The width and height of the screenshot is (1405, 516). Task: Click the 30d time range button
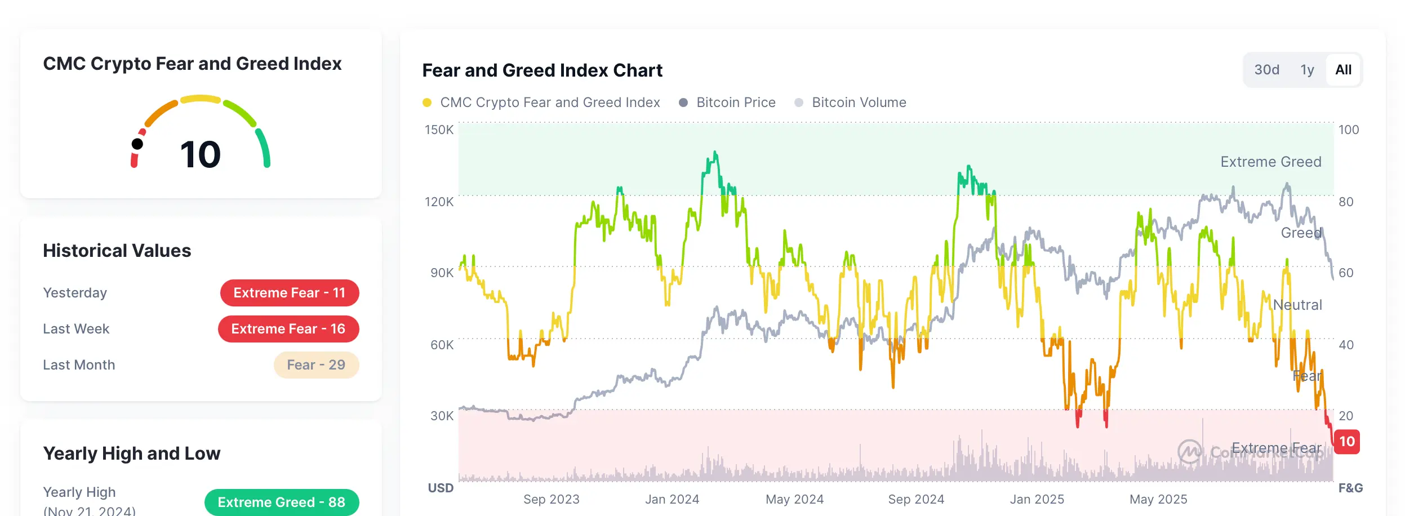click(1266, 70)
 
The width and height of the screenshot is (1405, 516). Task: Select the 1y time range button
click(1307, 70)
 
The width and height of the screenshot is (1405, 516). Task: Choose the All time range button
click(1343, 70)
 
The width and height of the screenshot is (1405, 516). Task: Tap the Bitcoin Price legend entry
click(735, 103)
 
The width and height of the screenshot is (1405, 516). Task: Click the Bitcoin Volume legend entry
click(859, 103)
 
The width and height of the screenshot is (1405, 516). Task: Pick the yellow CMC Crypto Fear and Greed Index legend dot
click(427, 103)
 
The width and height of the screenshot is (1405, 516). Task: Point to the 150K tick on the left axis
click(439, 130)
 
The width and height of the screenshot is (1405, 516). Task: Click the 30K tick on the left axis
click(442, 416)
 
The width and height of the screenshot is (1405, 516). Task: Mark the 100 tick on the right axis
click(1349, 130)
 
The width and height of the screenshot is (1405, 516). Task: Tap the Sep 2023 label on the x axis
click(551, 499)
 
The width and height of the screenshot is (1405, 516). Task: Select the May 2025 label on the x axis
click(1158, 499)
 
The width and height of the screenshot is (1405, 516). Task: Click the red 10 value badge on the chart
click(1347, 442)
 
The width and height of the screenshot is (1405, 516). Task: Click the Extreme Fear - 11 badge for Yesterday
click(290, 293)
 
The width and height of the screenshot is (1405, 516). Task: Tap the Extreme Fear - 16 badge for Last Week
click(288, 329)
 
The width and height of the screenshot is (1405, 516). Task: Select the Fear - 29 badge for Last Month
click(316, 365)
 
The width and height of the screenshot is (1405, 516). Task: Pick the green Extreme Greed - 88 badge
click(281, 502)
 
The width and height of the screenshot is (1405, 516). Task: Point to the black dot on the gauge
click(137, 144)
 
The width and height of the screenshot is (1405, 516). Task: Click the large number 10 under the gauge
click(201, 154)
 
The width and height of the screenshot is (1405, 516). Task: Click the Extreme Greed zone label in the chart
click(1270, 162)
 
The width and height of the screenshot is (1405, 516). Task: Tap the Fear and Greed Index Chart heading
click(542, 70)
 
